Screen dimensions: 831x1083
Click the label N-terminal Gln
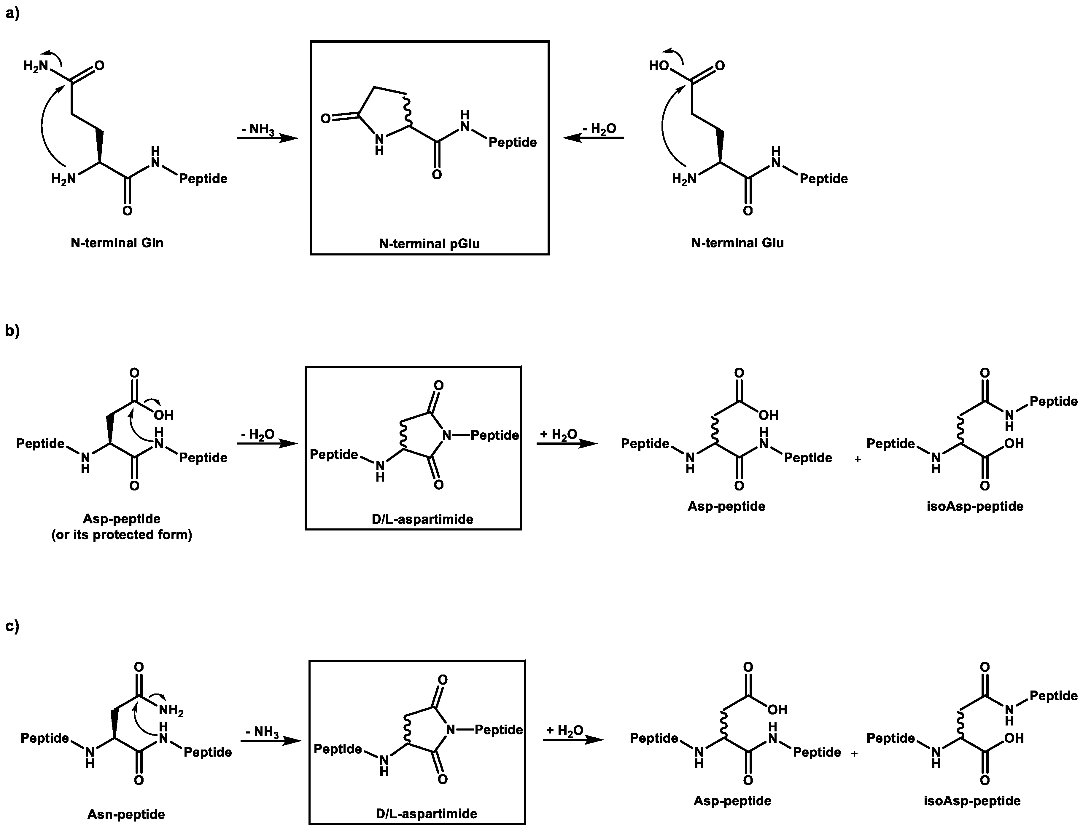click(x=117, y=243)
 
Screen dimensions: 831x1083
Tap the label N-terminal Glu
click(x=737, y=243)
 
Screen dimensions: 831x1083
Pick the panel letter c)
click(x=12, y=626)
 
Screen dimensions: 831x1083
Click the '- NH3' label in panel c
click(x=262, y=732)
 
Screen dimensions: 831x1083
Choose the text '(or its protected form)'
click(x=122, y=535)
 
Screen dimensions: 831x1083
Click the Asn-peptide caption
click(x=126, y=814)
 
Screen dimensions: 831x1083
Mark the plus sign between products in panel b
click(x=858, y=459)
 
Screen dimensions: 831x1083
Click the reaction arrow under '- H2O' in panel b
click(x=267, y=444)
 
